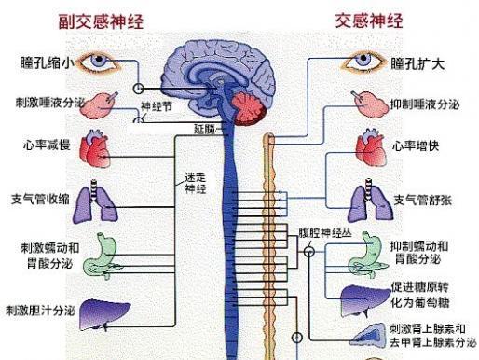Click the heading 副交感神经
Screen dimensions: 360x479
pyautogui.click(x=102, y=21)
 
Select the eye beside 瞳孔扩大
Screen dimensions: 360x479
pyautogui.click(x=363, y=62)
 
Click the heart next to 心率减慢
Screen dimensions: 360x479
pyautogui.click(x=99, y=147)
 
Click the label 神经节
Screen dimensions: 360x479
pyautogui.click(x=158, y=107)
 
